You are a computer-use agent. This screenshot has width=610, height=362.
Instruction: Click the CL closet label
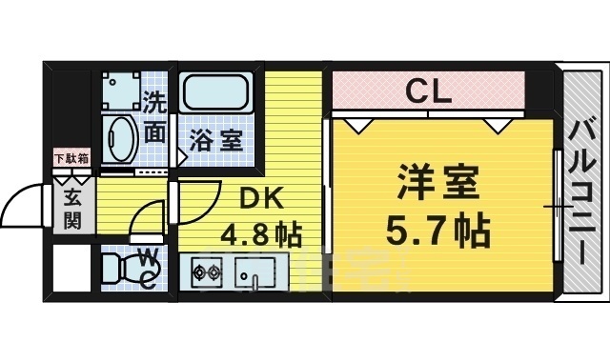point(429,92)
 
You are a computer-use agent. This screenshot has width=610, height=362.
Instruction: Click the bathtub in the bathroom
point(218,95)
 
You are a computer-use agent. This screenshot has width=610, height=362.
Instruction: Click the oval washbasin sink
point(121,140)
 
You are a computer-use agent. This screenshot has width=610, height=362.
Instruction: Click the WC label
point(150,266)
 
